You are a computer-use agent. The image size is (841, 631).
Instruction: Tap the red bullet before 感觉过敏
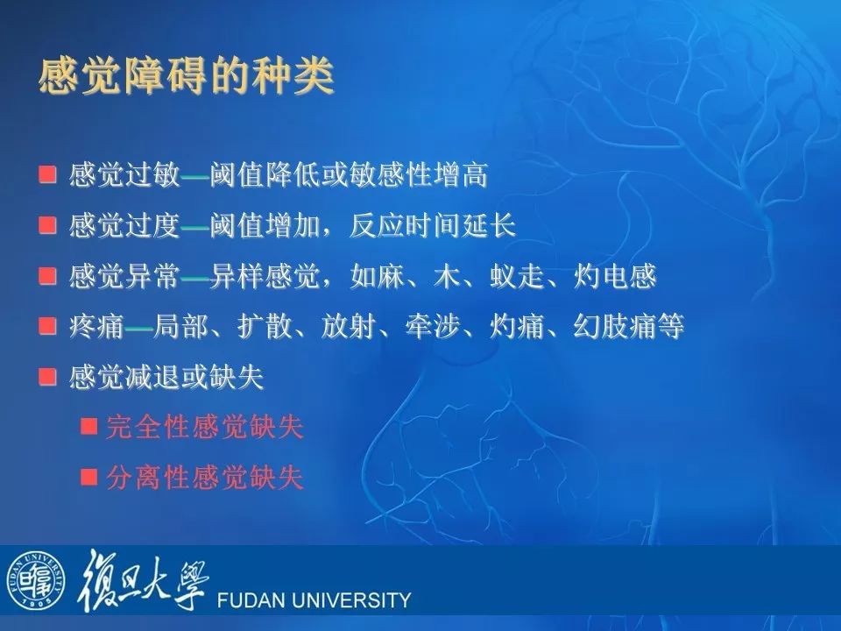(x=47, y=174)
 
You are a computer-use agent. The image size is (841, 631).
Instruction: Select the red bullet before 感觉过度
(x=47, y=225)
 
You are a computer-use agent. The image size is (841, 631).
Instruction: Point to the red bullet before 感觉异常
(x=47, y=276)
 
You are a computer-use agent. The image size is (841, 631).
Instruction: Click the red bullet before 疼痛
(x=47, y=326)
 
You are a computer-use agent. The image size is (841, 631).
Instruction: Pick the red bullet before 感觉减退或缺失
(x=47, y=376)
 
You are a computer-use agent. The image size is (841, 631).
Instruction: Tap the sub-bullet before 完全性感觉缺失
(x=89, y=427)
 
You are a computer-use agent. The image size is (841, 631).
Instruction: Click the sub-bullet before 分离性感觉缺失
(x=89, y=477)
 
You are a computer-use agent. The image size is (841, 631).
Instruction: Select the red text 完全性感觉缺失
(x=205, y=427)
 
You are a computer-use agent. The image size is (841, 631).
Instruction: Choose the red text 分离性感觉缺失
(x=205, y=478)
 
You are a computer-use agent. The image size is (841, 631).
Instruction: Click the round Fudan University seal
(x=36, y=580)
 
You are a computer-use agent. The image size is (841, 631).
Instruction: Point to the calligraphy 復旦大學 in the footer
(x=143, y=579)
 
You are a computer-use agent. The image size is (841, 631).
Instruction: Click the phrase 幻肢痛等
(x=629, y=326)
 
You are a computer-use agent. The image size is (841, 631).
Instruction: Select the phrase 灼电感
(x=615, y=276)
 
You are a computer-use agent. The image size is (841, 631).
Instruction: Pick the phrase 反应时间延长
(x=433, y=225)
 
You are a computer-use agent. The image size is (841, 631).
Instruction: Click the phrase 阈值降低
(x=265, y=175)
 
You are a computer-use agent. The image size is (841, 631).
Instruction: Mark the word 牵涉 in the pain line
(x=433, y=326)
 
